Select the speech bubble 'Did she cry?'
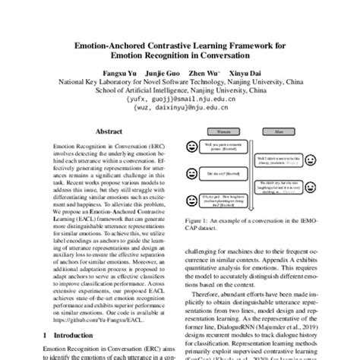(x=216, y=172)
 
